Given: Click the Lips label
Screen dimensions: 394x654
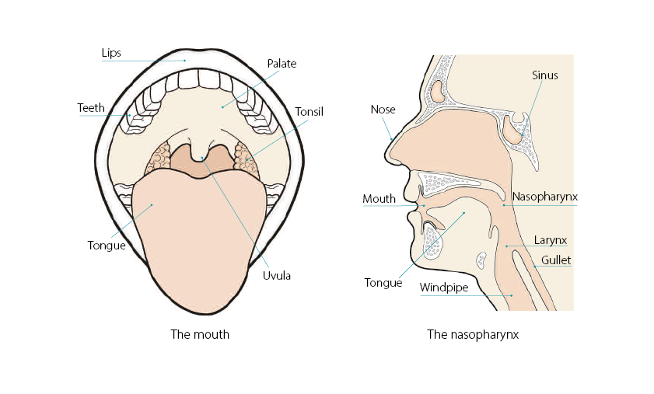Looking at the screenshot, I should tap(111, 53).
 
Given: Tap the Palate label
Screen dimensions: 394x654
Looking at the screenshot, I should tap(282, 64).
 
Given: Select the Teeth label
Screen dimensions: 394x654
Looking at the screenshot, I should tap(91, 108).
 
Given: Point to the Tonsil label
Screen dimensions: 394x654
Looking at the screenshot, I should tap(309, 112).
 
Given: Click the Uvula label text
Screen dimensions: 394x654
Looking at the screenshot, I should tap(276, 274).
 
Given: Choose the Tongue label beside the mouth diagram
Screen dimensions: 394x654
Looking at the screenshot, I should tap(107, 246).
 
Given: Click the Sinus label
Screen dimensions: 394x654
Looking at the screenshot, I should tap(545, 75).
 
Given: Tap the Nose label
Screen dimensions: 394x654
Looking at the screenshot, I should tap(383, 110).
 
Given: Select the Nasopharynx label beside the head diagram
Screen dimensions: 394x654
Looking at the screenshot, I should tap(545, 197).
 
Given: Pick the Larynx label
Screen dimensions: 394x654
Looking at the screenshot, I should tap(550, 239).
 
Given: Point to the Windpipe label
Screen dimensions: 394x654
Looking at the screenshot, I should tap(444, 288).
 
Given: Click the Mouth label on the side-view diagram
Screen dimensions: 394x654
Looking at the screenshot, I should tap(379, 199).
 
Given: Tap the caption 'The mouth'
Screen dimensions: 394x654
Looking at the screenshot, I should tap(200, 335).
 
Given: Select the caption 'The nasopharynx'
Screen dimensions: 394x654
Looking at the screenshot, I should tap(473, 335).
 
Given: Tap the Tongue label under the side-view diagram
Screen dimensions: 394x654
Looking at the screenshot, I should tap(383, 283).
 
